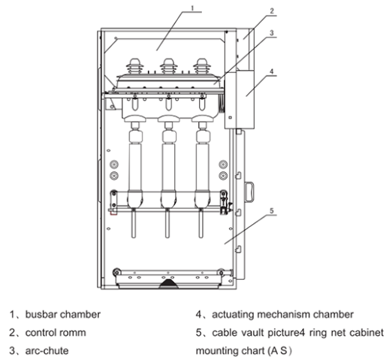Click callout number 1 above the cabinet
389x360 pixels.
pos(192,8)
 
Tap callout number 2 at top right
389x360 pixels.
pos(272,11)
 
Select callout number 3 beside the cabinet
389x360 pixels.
pos(272,33)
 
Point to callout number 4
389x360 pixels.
pos(272,71)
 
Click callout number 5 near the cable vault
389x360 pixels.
pos(272,210)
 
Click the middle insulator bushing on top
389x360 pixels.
pos(169,66)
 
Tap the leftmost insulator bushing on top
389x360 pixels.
pos(135,66)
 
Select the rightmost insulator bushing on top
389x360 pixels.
pos(202,66)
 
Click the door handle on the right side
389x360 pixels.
pos(249,192)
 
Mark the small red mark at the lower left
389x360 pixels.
pos(113,213)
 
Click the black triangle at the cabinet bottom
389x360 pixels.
pos(169,284)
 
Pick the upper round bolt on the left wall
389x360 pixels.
pos(114,165)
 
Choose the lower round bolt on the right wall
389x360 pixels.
pos(223,176)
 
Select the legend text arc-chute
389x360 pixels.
pos(47,351)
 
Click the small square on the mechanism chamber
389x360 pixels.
pos(230,117)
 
